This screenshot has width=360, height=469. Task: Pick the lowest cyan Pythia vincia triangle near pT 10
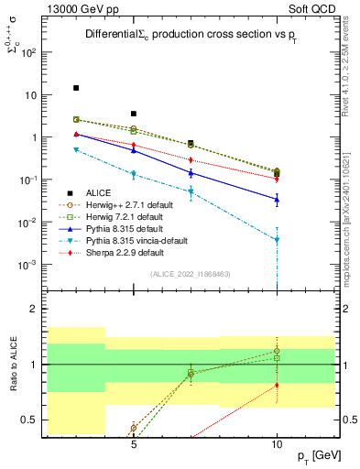tap(277, 240)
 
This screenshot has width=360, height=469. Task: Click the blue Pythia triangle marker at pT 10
tap(277, 199)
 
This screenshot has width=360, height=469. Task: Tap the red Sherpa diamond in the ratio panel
tap(277, 386)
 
